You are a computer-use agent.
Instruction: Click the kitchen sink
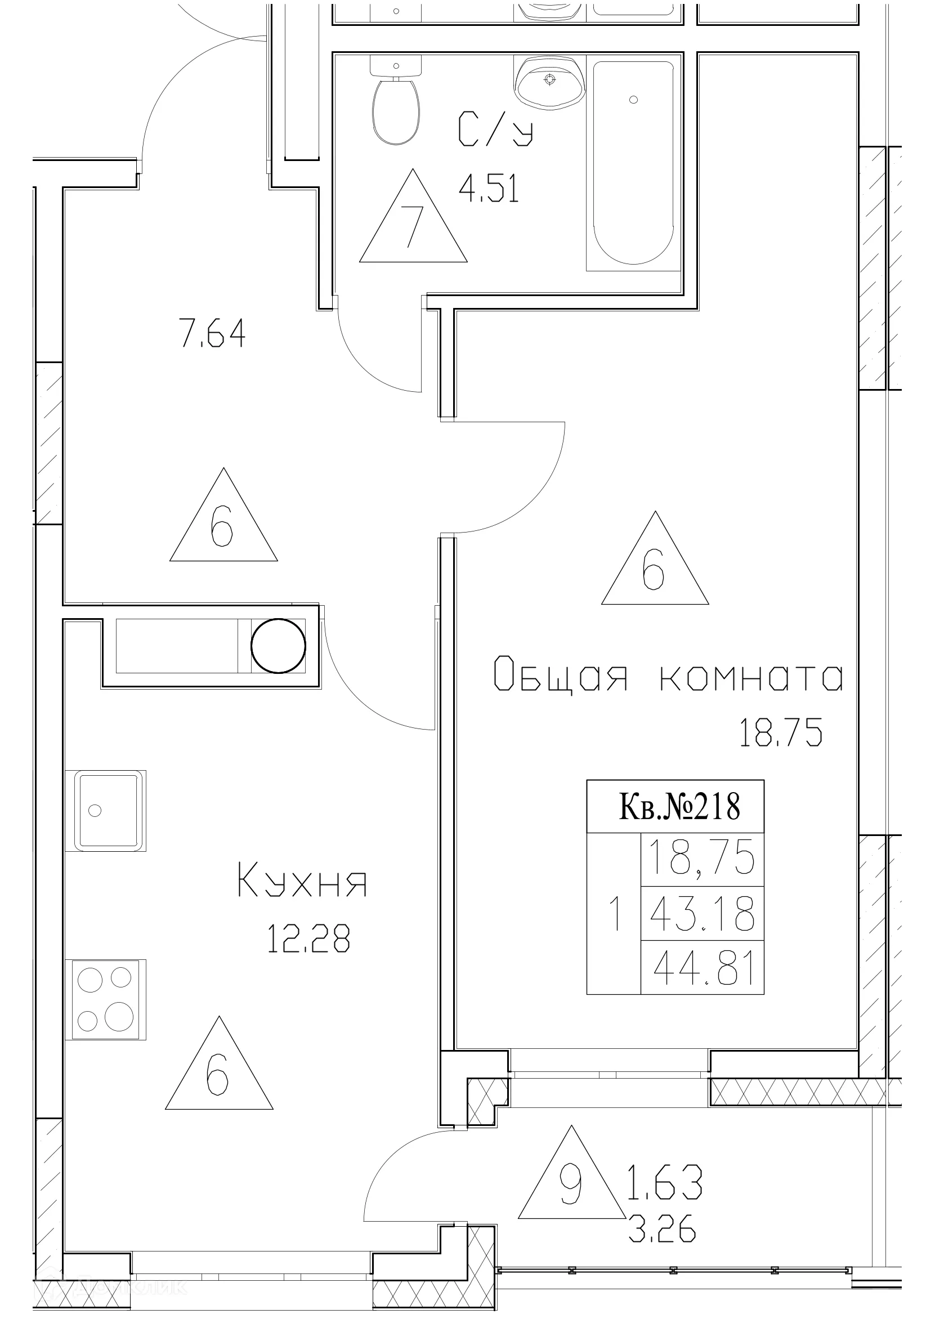106,810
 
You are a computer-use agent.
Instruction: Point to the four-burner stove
105,999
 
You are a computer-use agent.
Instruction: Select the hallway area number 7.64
213,333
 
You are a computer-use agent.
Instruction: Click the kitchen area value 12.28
308,939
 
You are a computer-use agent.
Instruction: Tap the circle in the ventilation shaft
278,645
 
